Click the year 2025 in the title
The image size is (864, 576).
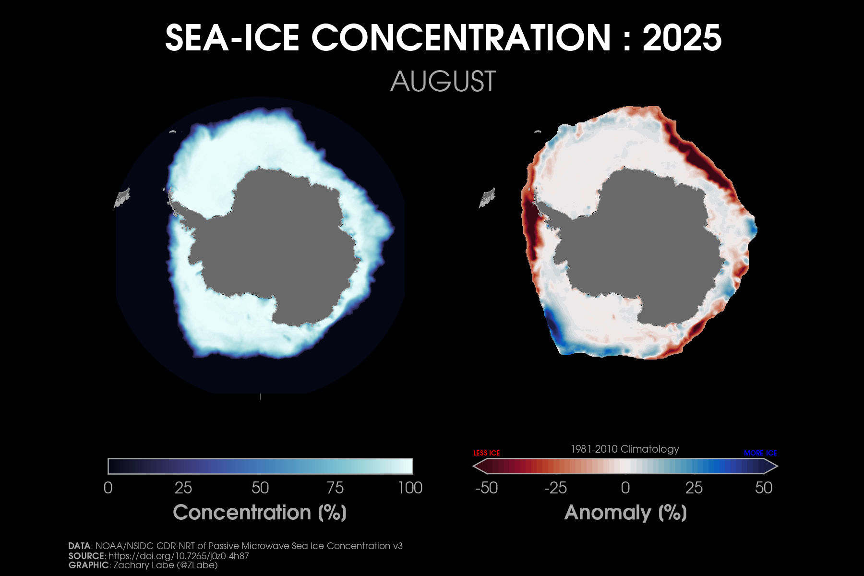tap(682, 38)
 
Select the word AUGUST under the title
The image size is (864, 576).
tap(443, 82)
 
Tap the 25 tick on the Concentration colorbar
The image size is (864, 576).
tap(183, 488)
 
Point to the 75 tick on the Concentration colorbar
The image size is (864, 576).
tap(335, 488)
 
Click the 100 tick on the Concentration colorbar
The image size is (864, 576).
tap(410, 488)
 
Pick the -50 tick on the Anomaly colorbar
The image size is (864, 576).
tap(486, 488)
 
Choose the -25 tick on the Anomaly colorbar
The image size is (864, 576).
tap(555, 488)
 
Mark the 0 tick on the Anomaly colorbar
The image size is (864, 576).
tap(625, 488)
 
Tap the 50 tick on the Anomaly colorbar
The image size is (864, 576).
tap(763, 488)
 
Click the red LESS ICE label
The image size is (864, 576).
tap(486, 453)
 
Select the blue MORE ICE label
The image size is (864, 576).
tap(760, 453)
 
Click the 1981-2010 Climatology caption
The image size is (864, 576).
tap(625, 449)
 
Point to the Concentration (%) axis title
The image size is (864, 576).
tap(260, 513)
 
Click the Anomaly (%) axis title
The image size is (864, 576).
tap(625, 513)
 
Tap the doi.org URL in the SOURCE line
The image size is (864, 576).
tap(179, 556)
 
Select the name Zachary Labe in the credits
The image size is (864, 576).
tap(143, 565)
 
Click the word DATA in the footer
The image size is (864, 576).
tap(79, 546)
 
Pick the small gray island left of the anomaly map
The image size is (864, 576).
tap(487, 197)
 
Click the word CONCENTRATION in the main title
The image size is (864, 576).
tap(461, 38)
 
